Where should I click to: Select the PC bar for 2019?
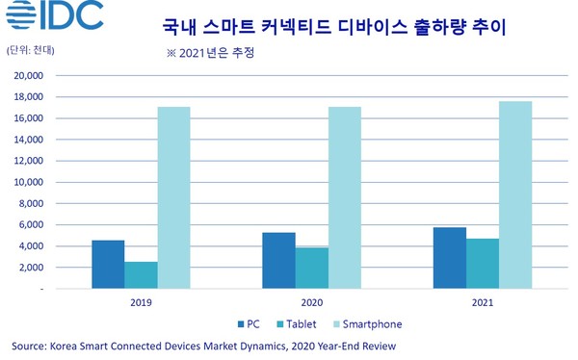pos(108,265)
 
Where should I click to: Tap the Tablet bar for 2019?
pos(141,275)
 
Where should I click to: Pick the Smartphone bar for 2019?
pos(173,197)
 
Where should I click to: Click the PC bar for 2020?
pos(278,261)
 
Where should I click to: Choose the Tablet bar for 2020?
pos(311,268)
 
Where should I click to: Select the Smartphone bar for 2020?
pos(344,197)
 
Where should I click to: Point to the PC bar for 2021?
pos(449,258)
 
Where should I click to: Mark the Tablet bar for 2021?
pos(482,264)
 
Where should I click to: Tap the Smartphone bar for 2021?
pos(514,194)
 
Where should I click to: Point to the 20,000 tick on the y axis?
pos(30,75)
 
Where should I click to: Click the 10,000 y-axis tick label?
pos(30,182)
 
